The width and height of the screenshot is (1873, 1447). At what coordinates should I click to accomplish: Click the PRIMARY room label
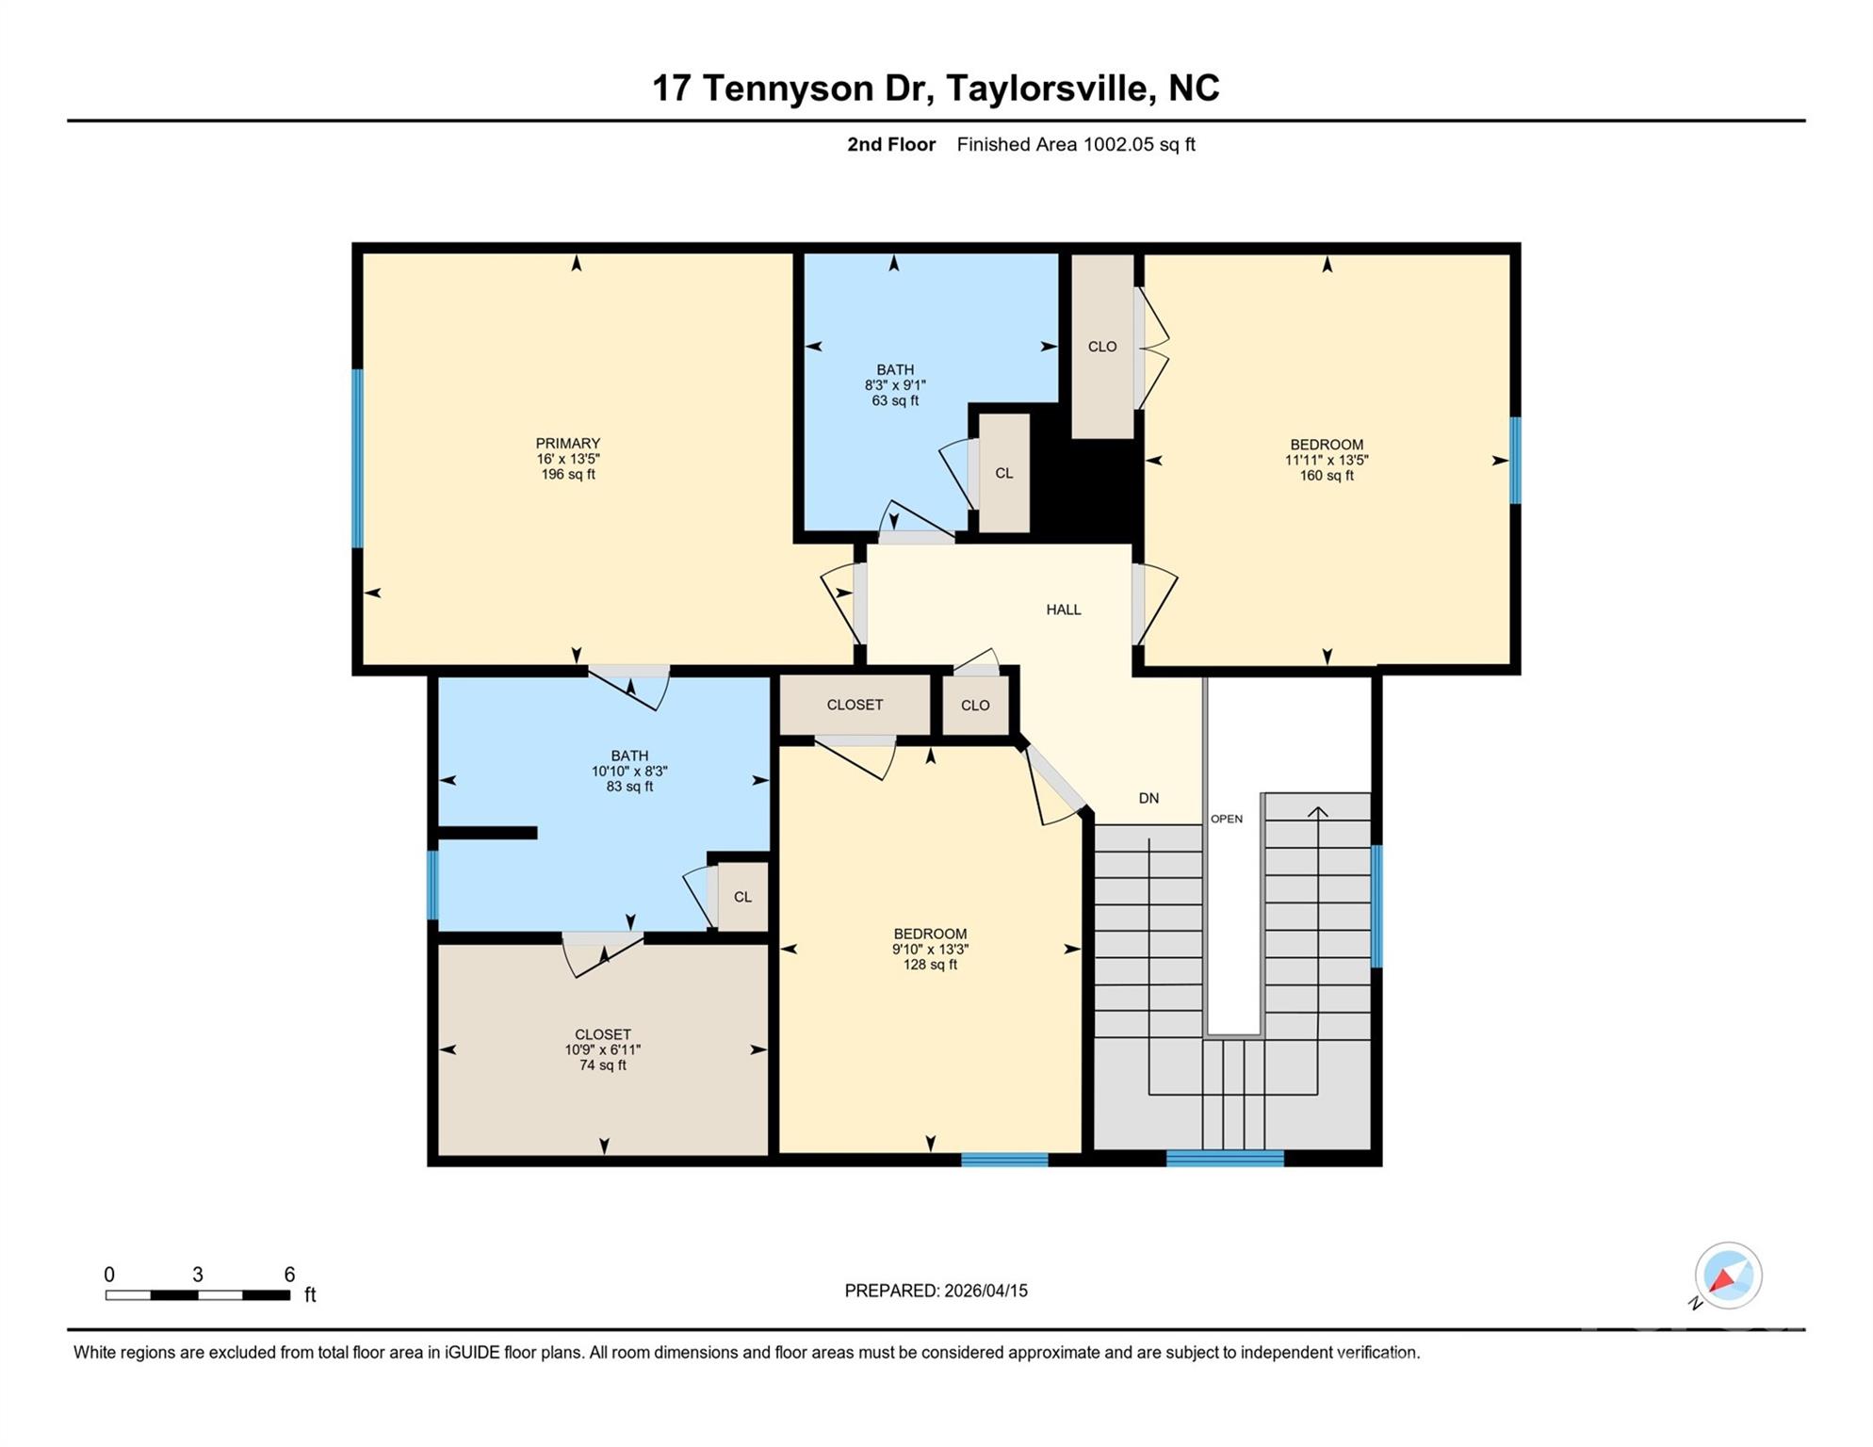(x=567, y=443)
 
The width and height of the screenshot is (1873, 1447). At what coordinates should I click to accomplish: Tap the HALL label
(x=1063, y=610)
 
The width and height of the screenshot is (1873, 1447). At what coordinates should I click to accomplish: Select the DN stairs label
(x=1148, y=798)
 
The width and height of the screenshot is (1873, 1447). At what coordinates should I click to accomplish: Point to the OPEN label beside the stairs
(x=1226, y=819)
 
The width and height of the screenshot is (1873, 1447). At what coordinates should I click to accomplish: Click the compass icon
(x=1727, y=1276)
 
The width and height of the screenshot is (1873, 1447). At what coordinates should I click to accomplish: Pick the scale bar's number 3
(x=197, y=1274)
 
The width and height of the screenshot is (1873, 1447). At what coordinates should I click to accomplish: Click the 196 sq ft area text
(x=567, y=474)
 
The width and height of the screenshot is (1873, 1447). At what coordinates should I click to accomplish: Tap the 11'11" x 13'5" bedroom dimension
(x=1326, y=460)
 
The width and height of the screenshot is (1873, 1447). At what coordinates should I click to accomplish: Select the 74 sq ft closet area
(x=602, y=1065)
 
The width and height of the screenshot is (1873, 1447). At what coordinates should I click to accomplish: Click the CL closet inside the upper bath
(x=1003, y=473)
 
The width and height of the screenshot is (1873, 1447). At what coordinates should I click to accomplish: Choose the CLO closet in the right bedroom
(x=1101, y=347)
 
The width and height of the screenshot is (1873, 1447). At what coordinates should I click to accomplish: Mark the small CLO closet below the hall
(x=974, y=705)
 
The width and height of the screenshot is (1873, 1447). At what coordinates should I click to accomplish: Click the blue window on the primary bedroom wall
(x=358, y=458)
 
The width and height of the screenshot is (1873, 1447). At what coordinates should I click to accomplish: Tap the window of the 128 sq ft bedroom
(x=1003, y=1160)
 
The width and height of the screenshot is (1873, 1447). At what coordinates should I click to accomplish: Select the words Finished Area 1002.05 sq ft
(x=1075, y=144)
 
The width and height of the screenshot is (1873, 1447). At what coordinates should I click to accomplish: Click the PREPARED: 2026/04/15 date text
(x=935, y=1291)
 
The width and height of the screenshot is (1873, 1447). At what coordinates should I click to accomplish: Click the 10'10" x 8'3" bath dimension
(x=628, y=771)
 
